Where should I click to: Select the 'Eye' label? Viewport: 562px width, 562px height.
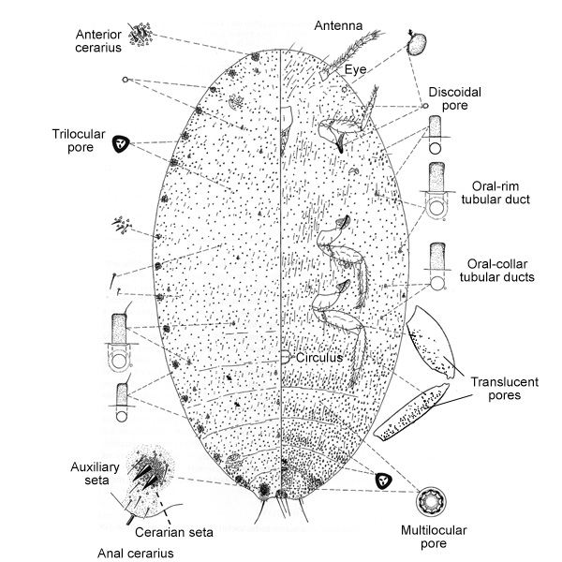click(354, 69)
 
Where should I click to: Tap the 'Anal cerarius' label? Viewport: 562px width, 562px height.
click(137, 552)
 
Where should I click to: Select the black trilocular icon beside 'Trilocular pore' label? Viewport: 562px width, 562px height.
click(121, 143)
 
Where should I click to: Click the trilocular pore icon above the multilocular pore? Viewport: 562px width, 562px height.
click(382, 481)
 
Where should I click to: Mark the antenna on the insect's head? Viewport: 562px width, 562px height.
click(351, 52)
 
